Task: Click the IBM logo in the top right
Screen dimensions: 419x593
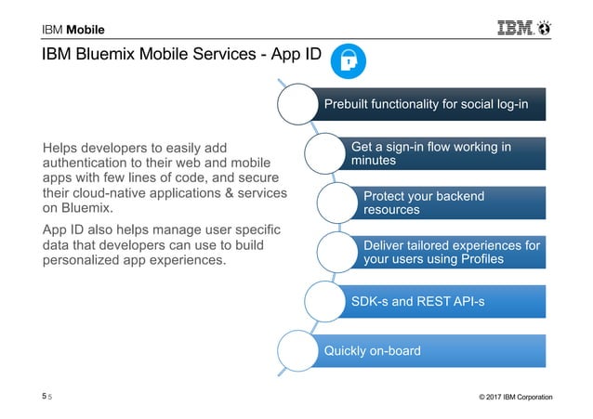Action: click(509, 28)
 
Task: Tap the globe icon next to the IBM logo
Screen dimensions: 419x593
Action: click(544, 28)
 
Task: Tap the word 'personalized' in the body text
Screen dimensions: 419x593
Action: click(88, 261)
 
